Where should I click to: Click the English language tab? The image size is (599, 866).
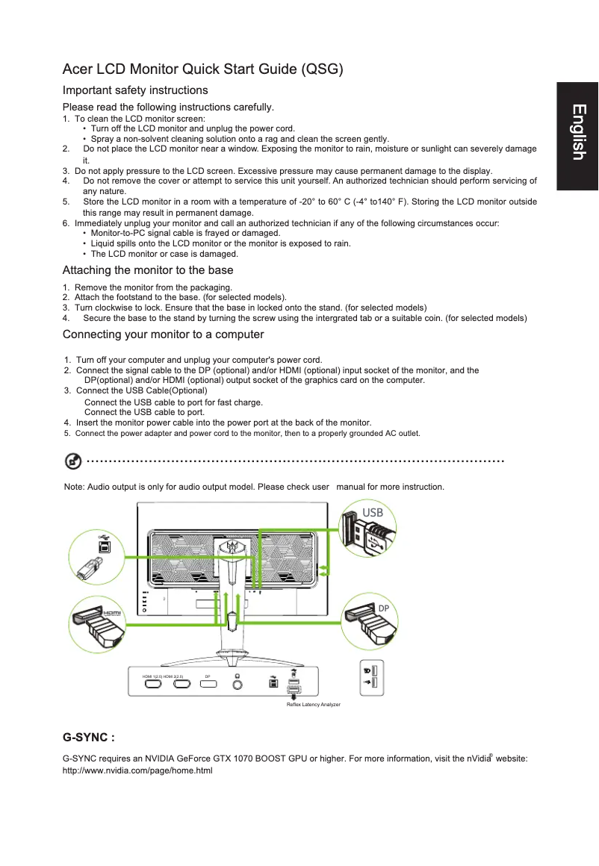coord(577,132)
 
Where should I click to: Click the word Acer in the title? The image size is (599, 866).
coord(78,70)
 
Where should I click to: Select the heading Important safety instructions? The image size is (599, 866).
coord(135,90)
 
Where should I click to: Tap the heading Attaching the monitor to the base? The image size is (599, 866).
coord(148,270)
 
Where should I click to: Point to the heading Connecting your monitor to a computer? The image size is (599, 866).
coord(163,334)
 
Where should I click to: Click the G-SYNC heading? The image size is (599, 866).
coord(88,738)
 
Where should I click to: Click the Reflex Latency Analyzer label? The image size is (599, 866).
coord(313,705)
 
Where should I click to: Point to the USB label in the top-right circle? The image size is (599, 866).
coord(372,513)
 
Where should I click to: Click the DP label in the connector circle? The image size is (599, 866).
coord(383,608)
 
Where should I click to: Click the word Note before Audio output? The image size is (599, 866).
coord(74,487)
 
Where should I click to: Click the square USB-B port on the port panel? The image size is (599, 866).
coord(273,683)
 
